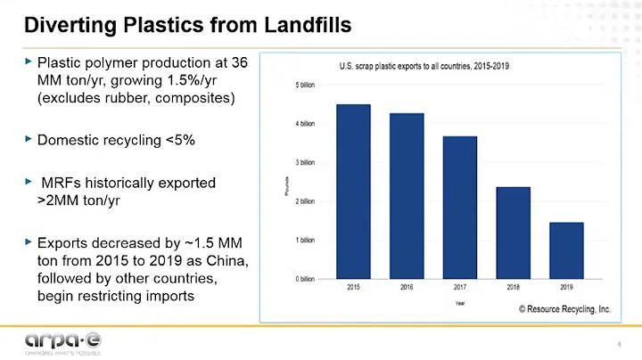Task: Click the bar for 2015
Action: point(353,192)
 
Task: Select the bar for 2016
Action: point(407,196)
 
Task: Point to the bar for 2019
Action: point(566,250)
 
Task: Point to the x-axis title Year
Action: point(460,303)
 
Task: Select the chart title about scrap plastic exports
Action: point(424,66)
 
